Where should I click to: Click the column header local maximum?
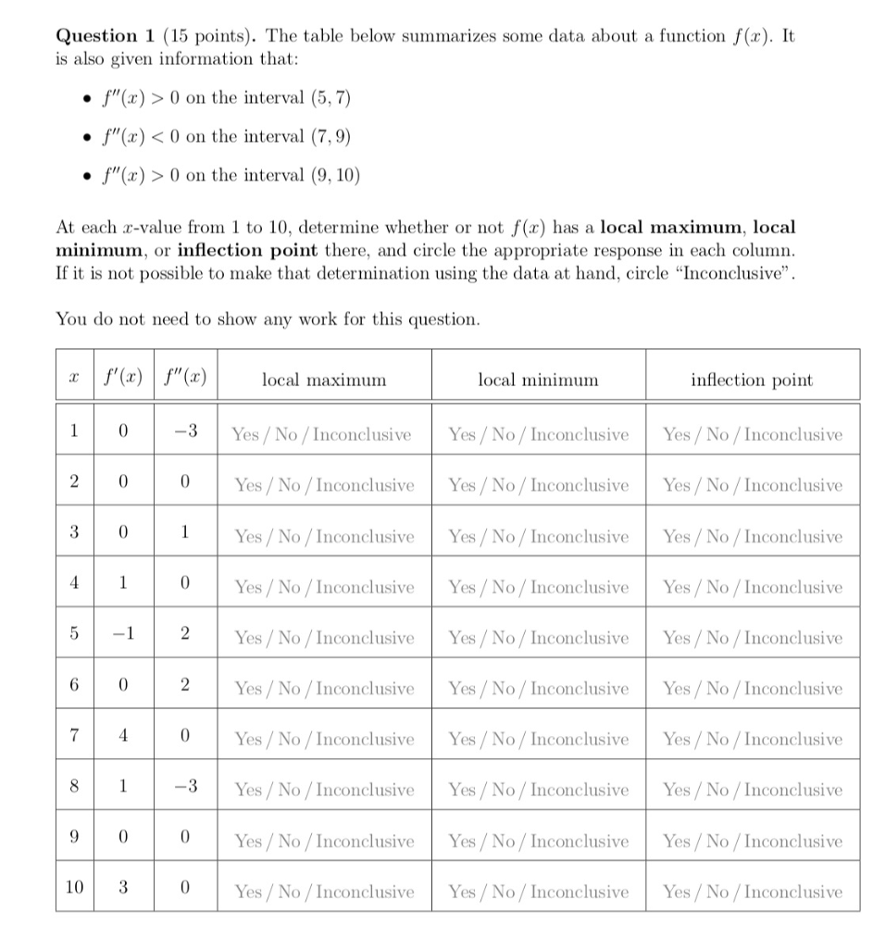click(x=324, y=380)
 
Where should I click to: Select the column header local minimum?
click(x=538, y=380)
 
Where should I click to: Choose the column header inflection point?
click(x=752, y=380)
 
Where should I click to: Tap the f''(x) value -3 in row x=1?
click(x=185, y=433)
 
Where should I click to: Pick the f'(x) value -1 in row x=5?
click(x=122, y=637)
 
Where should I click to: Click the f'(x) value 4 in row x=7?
click(x=122, y=739)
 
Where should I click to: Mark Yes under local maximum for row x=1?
click(x=245, y=433)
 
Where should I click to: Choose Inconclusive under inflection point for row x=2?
click(x=793, y=485)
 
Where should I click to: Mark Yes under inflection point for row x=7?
click(x=678, y=739)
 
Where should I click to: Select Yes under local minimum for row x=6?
click(x=463, y=688)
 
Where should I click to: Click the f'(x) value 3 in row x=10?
click(x=122, y=891)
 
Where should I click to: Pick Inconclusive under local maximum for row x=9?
click(x=365, y=841)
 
